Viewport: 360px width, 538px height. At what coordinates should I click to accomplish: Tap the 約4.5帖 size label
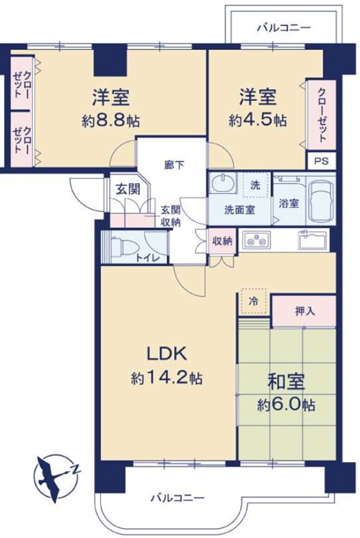pyautogui.click(x=258, y=121)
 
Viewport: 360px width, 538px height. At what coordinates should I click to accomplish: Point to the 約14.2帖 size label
pyautogui.click(x=166, y=378)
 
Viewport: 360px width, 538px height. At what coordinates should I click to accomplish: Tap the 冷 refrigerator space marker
pyautogui.click(x=254, y=301)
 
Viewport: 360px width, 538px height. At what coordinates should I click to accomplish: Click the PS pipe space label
pyautogui.click(x=321, y=161)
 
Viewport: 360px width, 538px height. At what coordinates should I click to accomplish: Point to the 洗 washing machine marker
pyautogui.click(x=255, y=185)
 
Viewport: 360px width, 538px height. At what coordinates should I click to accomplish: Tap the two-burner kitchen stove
pyautogui.click(x=257, y=241)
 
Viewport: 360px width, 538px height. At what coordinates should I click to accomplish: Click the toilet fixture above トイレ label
pyautogui.click(x=120, y=245)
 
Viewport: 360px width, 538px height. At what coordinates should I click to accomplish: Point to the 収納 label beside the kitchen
pyautogui.click(x=222, y=240)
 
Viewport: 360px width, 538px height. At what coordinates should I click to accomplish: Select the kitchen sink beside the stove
pyautogui.click(x=313, y=241)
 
